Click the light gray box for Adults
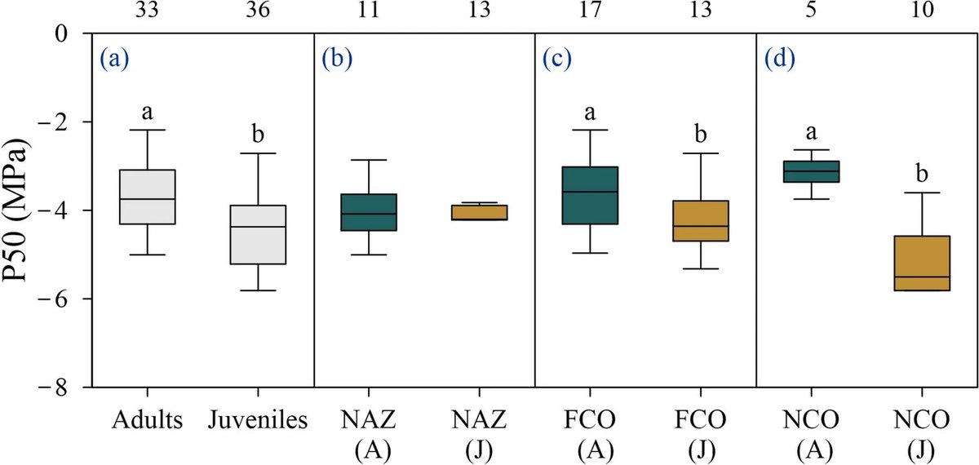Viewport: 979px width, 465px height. (x=148, y=197)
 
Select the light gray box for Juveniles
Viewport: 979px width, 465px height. (x=258, y=234)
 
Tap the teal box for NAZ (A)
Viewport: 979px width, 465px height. (x=369, y=212)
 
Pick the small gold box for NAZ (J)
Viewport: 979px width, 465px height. (x=480, y=212)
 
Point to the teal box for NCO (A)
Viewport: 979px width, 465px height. (x=812, y=171)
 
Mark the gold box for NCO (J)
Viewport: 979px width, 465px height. (x=922, y=263)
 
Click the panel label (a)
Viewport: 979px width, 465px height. (x=114, y=59)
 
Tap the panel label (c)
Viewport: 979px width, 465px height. (x=556, y=59)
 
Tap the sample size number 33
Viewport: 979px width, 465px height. (x=148, y=10)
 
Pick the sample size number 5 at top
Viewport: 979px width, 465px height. (x=812, y=10)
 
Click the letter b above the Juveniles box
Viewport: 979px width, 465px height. (x=258, y=135)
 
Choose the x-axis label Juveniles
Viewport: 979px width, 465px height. (x=258, y=421)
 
